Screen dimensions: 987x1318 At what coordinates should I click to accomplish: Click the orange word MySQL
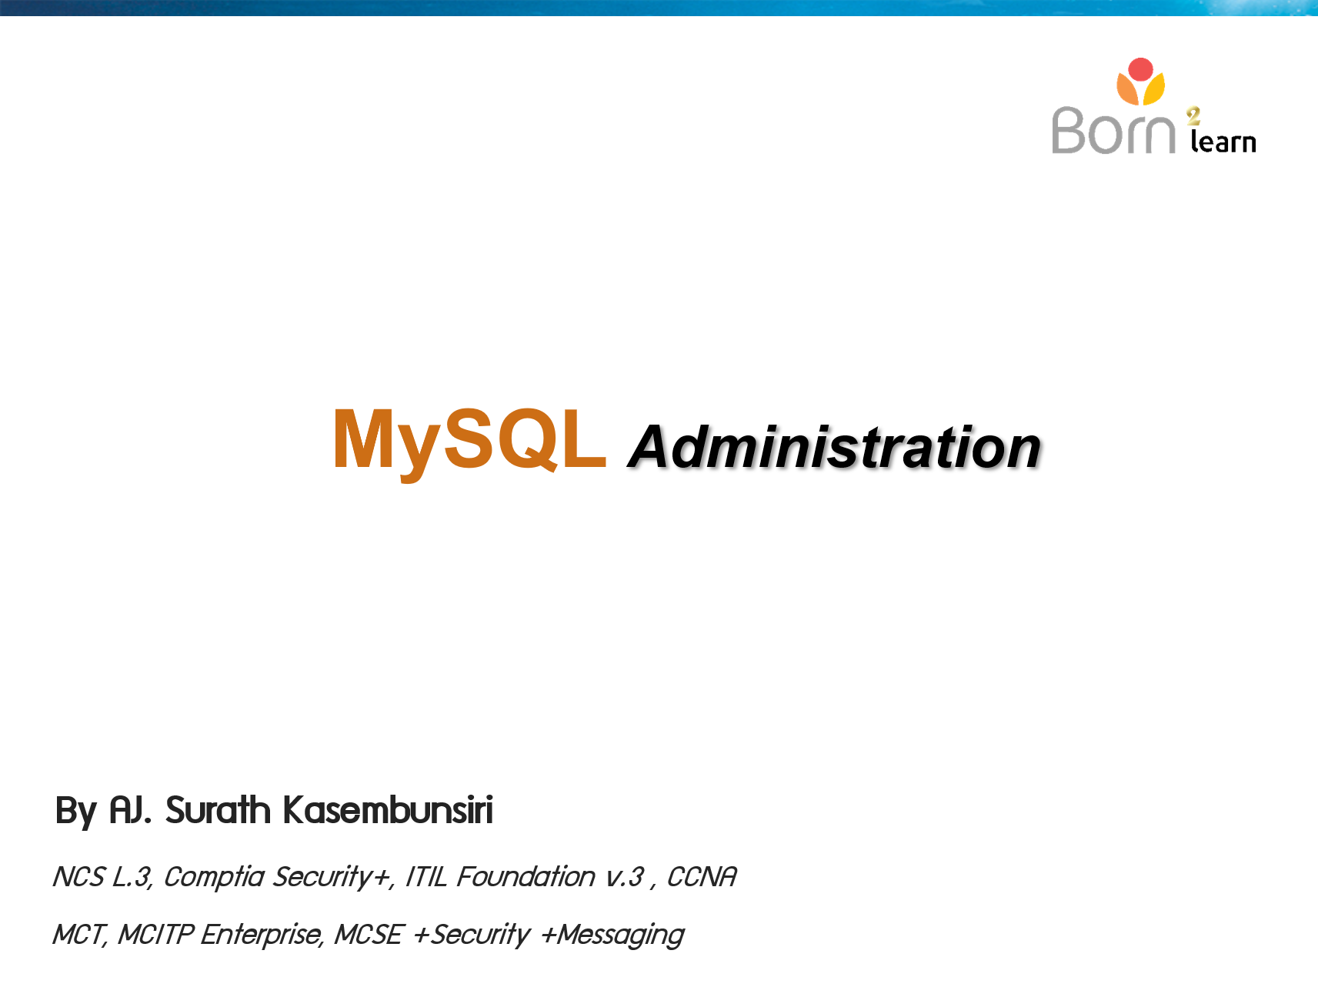469,439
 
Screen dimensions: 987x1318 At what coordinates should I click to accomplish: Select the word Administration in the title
834,447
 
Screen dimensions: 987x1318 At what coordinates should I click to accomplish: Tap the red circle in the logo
1140,69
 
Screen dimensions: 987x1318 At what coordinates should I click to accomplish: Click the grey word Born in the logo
1113,131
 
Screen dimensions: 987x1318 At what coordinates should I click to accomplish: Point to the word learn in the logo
1223,142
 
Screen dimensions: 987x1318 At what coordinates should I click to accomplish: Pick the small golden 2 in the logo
1193,116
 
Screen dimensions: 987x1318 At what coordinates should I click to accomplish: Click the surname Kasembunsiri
388,811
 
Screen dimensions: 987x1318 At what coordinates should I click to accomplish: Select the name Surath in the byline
218,811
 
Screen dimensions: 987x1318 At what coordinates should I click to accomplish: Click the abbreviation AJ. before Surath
130,811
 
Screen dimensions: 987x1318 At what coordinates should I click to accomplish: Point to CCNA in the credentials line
702,877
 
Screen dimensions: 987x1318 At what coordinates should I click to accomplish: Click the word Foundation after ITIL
526,877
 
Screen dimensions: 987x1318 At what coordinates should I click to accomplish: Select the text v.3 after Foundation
625,877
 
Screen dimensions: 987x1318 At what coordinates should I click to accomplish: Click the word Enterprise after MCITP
262,935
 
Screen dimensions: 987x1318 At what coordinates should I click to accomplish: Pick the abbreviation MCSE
368,935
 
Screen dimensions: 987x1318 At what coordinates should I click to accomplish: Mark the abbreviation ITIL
425,877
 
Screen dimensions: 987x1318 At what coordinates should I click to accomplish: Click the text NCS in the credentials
78,877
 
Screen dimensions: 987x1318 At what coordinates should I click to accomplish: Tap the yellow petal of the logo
1154,89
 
